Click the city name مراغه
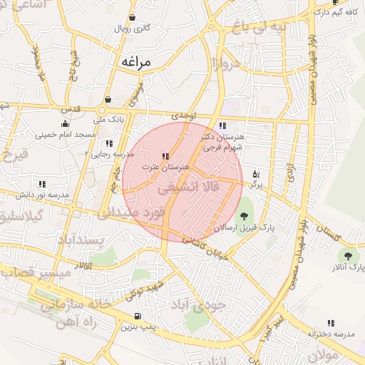pos(136,62)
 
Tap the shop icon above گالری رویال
pos(133,18)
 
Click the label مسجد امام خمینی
pos(65,134)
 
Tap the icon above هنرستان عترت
pos(165,156)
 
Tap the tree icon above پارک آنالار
pos(348,256)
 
